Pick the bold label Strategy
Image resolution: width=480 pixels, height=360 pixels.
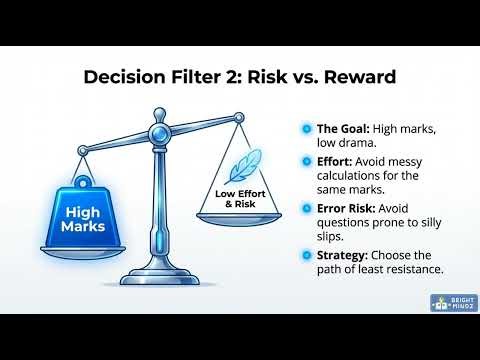[341, 255]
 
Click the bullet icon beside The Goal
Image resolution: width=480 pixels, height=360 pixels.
[305, 128]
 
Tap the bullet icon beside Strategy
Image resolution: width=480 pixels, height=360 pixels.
[305, 255]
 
